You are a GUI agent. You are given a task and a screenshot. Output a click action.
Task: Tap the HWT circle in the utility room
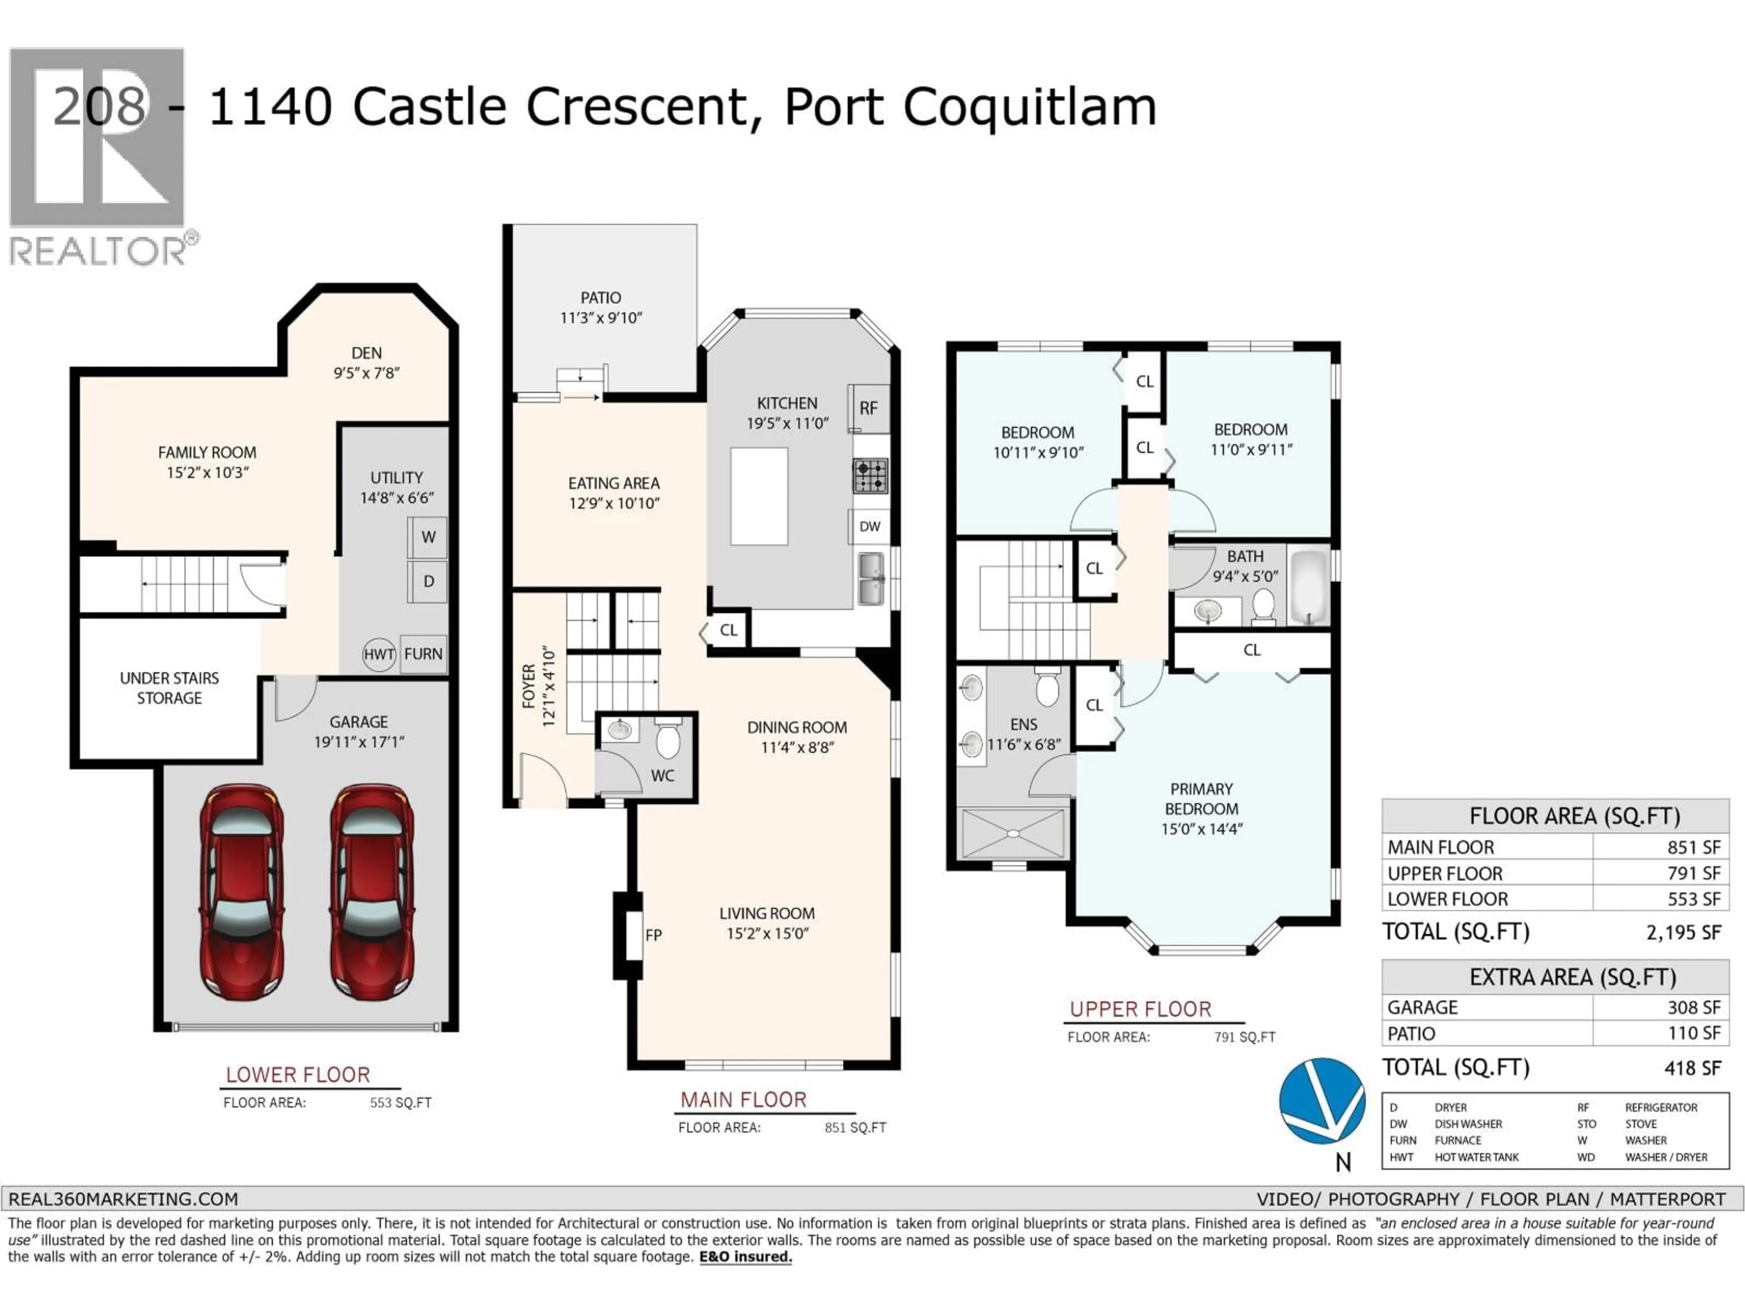379,654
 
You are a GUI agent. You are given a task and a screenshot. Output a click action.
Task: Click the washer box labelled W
428,537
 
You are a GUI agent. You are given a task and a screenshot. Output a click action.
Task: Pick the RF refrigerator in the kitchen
868,408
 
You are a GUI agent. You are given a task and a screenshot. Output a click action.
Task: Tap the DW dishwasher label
869,526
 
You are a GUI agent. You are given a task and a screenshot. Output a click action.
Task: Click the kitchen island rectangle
759,496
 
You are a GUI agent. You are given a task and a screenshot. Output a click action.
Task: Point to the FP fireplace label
653,935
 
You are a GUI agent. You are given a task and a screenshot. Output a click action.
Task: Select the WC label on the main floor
663,775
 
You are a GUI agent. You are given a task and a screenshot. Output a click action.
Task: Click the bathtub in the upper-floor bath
1310,588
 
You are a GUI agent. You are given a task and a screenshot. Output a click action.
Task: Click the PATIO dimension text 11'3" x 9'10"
601,318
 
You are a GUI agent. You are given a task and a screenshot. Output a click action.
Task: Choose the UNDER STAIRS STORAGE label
169,688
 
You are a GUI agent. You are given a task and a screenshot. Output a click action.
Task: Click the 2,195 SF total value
1683,933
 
